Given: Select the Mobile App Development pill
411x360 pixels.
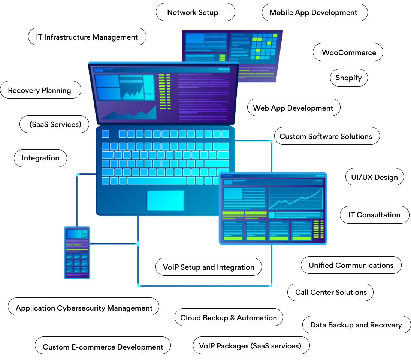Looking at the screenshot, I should click(314, 12).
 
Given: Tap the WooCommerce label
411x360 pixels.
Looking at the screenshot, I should click(348, 52).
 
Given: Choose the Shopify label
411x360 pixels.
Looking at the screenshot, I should click(348, 78).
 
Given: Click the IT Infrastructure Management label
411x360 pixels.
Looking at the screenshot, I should click(87, 37).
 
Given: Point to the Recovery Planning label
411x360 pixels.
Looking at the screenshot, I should click(40, 90).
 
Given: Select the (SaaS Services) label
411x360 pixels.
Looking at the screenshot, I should click(55, 125).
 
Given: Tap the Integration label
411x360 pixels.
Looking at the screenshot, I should click(40, 158).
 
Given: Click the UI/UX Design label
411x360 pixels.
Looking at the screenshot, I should click(374, 177).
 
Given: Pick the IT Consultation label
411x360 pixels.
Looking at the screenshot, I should click(374, 215).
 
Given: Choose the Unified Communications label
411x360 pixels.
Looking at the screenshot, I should click(351, 265).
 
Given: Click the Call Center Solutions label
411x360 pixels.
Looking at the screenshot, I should click(330, 292).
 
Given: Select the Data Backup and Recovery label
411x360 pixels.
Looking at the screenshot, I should click(356, 325).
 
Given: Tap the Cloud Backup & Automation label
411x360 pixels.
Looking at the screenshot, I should click(229, 318).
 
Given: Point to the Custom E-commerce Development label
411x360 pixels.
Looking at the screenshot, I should click(103, 347).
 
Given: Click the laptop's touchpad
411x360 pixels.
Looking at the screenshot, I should click(165, 200).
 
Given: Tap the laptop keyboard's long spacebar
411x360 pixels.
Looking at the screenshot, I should click(157, 181).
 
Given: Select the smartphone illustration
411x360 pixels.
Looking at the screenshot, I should click(77, 252).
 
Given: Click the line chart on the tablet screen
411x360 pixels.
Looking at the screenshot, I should click(296, 198).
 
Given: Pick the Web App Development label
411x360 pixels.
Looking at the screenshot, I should click(293, 108).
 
